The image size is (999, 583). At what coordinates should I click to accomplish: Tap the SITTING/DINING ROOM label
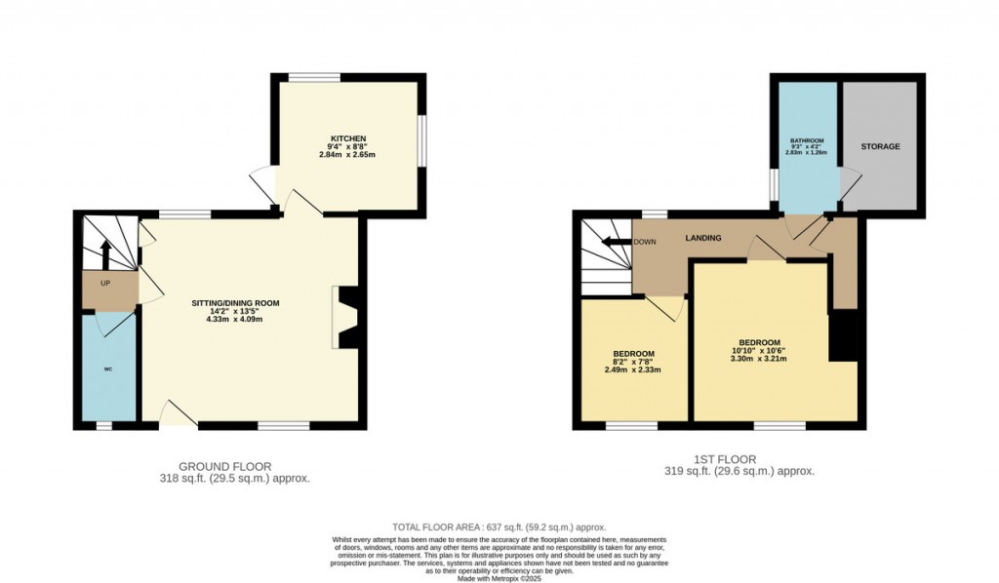coord(235,303)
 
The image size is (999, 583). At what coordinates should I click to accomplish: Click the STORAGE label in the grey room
coord(879,146)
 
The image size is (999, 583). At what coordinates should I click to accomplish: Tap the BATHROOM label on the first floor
coord(807,140)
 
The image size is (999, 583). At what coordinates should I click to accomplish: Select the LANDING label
coord(702,238)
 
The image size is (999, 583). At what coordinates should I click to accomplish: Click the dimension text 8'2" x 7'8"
coord(633,362)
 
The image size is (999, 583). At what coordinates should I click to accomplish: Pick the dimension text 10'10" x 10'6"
coord(758,351)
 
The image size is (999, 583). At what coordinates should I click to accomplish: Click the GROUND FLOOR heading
coord(224,466)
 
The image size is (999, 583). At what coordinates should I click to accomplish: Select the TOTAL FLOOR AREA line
coord(499,526)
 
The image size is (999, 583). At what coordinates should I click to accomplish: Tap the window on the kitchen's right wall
coord(422,143)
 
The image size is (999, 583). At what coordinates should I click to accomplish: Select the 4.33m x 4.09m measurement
coord(235,320)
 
